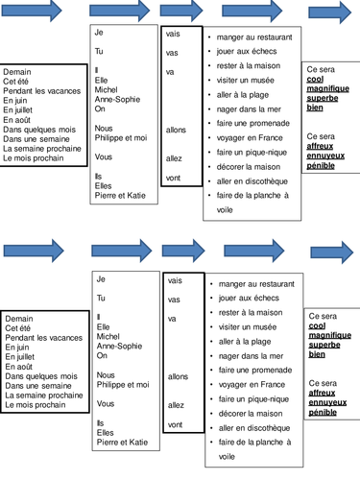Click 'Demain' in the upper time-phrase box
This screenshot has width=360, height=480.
[17, 72]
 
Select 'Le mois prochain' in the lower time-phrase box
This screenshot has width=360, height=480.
[35, 405]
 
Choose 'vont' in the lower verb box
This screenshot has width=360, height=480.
[175, 423]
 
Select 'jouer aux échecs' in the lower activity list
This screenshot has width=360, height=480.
[250, 299]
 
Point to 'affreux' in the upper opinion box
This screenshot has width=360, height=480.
[322, 146]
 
